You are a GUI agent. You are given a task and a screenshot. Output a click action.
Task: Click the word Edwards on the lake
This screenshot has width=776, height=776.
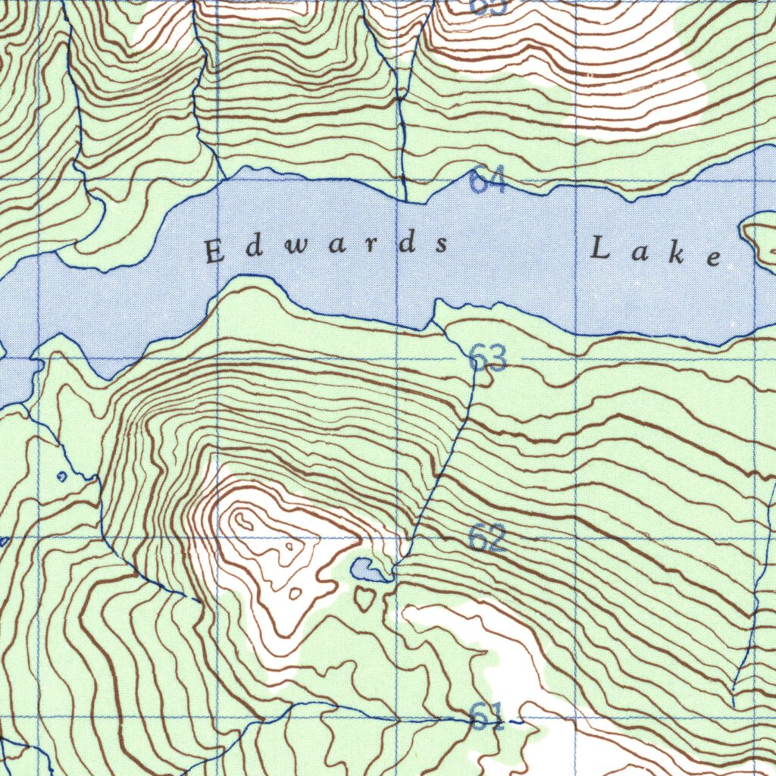327,248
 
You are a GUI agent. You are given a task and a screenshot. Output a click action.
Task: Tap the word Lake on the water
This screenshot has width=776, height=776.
656,252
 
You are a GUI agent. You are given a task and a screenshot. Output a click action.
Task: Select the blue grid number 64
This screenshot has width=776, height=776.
487,181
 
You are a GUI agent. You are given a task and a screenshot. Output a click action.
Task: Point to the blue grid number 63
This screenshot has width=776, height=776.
487,358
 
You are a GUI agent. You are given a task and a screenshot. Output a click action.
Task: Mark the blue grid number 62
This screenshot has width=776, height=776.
487,537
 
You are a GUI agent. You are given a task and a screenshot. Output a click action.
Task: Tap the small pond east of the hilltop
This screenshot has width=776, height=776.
366,568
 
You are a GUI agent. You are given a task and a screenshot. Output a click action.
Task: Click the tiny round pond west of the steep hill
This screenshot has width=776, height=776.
62,477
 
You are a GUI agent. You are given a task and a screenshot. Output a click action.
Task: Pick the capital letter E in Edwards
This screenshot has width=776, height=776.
215,252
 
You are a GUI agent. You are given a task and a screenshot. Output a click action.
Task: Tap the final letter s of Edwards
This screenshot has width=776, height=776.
440,245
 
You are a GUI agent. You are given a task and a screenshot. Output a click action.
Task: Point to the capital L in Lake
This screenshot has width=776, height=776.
601,248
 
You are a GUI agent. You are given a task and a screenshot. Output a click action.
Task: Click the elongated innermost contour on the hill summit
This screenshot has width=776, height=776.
245,521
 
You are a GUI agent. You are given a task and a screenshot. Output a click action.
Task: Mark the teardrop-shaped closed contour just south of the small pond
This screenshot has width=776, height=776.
365,598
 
